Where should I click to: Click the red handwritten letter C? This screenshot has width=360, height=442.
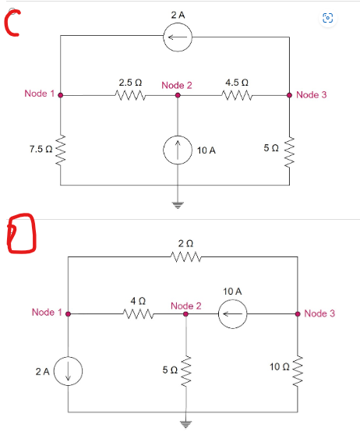click(x=12, y=25)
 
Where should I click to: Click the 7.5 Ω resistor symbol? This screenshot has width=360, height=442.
click(x=61, y=149)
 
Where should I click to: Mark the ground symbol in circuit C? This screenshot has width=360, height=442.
click(x=178, y=207)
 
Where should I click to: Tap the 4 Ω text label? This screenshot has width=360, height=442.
click(x=137, y=300)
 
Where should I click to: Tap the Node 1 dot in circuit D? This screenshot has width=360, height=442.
click(x=69, y=313)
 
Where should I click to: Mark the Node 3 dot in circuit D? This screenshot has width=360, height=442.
click(x=298, y=313)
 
